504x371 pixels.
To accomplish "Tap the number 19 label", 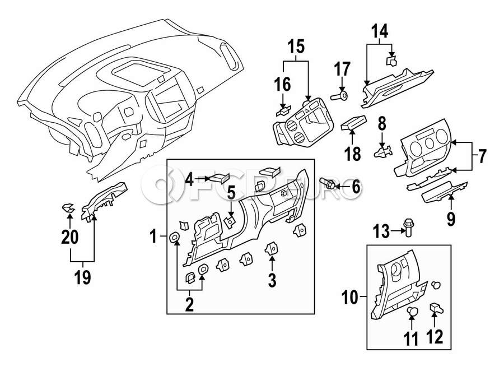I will [x=82, y=277].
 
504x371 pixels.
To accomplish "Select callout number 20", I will [x=70, y=238].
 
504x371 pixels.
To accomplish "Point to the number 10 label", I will [x=352, y=297].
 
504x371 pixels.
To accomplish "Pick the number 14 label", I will [x=380, y=33].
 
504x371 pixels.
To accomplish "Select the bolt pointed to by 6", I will [x=329, y=183].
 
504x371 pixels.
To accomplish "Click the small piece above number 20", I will [x=68, y=209].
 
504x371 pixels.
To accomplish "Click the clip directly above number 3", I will [x=272, y=247].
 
